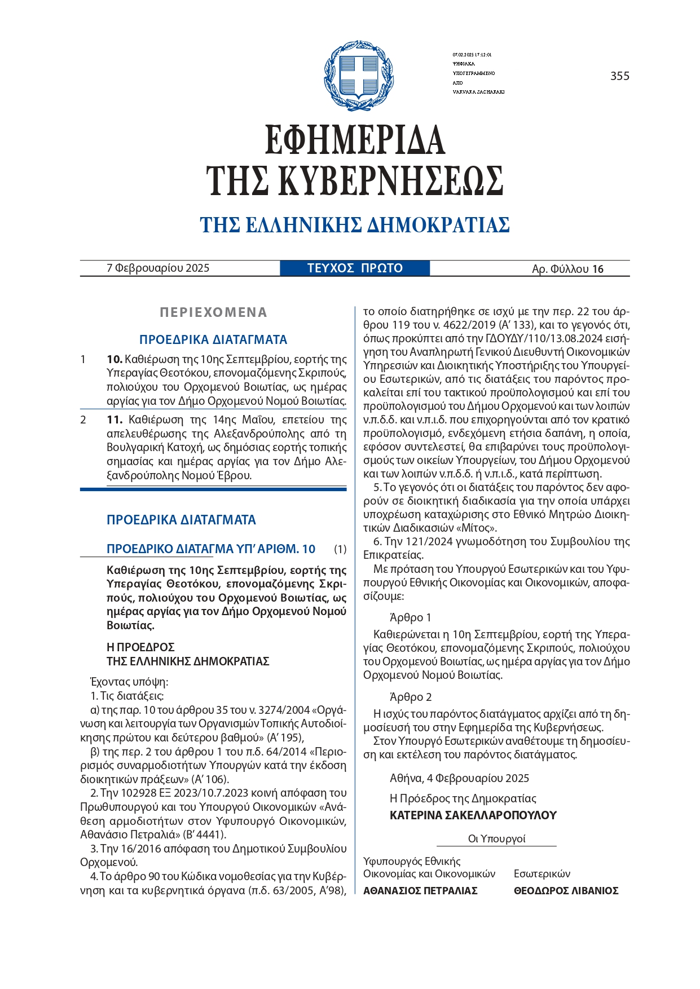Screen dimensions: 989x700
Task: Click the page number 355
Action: click(619, 76)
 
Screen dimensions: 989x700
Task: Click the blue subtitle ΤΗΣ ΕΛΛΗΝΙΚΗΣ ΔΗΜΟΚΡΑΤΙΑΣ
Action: click(355, 225)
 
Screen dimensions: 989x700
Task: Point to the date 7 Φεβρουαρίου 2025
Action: click(158, 268)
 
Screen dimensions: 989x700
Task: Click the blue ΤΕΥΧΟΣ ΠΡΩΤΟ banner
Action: click(355, 268)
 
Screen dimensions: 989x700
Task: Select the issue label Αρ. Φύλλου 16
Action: click(567, 269)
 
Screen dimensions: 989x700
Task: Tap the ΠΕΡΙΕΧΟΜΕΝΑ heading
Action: click(213, 312)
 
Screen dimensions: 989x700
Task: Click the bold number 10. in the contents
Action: click(115, 359)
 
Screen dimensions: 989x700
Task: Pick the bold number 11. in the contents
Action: click(115, 420)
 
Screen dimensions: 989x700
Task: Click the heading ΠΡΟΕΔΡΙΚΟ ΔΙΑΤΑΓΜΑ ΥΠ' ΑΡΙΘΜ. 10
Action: click(211, 549)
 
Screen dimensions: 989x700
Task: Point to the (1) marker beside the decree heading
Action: click(340, 549)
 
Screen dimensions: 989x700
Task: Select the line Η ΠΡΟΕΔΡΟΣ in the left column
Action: click(140, 647)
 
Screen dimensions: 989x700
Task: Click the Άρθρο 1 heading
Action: click(410, 617)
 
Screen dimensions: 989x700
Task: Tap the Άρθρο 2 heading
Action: click(411, 697)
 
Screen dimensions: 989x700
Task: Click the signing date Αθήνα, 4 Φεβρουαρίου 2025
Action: click(459, 778)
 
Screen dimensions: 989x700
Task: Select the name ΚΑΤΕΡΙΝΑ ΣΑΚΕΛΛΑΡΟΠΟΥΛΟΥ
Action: click(473, 815)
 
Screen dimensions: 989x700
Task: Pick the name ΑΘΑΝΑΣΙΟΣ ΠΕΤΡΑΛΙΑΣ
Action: click(420, 890)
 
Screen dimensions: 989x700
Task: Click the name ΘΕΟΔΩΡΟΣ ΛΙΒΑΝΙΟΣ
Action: click(566, 890)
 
